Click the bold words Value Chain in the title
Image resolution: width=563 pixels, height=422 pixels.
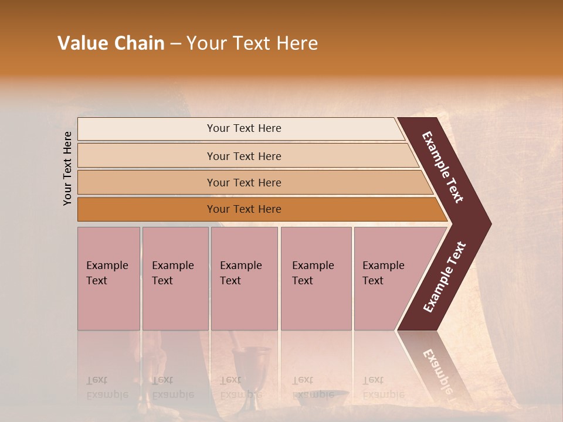click(x=111, y=43)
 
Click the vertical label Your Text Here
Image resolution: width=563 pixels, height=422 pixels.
click(x=68, y=168)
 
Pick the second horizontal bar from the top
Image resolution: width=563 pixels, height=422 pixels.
click(x=244, y=156)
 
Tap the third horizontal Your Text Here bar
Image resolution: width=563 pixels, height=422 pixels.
click(x=244, y=182)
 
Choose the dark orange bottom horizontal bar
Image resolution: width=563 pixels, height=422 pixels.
click(x=244, y=209)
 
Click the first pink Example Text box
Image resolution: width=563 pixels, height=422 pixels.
click(x=108, y=278)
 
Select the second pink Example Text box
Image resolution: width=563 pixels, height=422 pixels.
click(x=175, y=278)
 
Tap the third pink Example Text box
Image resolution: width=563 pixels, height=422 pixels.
click(x=244, y=278)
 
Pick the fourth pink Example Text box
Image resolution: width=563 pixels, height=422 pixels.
click(x=316, y=278)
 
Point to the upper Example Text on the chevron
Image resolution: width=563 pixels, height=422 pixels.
click(x=443, y=167)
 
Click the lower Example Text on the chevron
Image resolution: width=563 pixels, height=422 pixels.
click(x=444, y=277)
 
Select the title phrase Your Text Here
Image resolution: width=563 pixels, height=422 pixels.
click(x=252, y=43)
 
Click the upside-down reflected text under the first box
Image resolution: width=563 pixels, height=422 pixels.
click(x=107, y=387)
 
